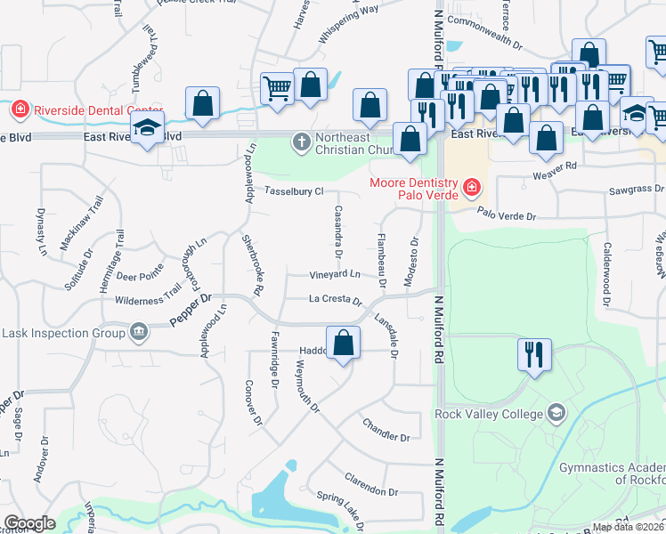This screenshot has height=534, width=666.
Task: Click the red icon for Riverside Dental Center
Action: (x=19, y=110)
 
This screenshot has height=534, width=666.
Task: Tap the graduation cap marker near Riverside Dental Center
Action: (x=148, y=128)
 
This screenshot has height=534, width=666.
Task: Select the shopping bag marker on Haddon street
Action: (x=344, y=343)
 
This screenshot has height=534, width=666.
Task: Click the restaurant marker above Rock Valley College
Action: (x=535, y=354)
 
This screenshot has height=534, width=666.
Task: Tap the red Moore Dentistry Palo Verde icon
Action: (x=470, y=189)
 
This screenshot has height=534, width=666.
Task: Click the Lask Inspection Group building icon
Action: (x=139, y=333)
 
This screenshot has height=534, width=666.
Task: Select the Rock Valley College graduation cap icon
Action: (x=556, y=414)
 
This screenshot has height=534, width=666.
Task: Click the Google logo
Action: (x=30, y=523)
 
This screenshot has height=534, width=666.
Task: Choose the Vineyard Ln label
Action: (x=335, y=274)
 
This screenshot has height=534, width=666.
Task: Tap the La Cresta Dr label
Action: (x=336, y=301)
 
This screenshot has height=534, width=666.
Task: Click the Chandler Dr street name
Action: (x=386, y=438)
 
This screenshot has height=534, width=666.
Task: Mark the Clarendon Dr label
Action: (x=371, y=490)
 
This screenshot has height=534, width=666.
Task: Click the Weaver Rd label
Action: (x=557, y=166)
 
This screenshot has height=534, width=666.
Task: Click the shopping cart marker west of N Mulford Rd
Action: (x=278, y=88)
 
